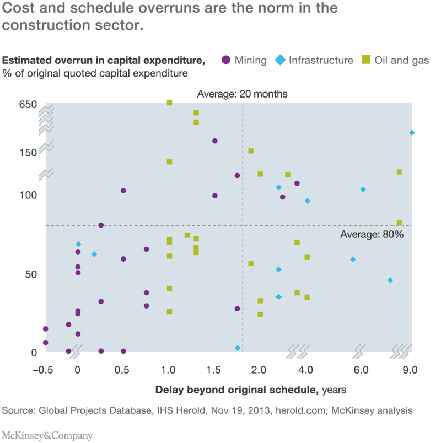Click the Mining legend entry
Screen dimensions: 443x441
pyautogui.click(x=244, y=60)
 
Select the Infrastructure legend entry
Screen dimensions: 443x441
pyautogui.click(x=314, y=60)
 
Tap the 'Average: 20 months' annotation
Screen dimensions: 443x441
pyautogui.click(x=243, y=94)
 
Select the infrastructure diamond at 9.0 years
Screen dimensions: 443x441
pyautogui.click(x=412, y=132)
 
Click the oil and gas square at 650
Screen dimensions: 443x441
pyautogui.click(x=169, y=102)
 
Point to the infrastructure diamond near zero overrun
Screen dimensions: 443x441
pyautogui.click(x=238, y=348)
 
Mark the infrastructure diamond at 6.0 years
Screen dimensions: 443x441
pyautogui.click(x=363, y=190)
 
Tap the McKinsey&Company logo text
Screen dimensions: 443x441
pyautogui.click(x=47, y=435)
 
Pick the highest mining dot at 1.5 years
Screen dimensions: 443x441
pyautogui.click(x=215, y=141)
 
